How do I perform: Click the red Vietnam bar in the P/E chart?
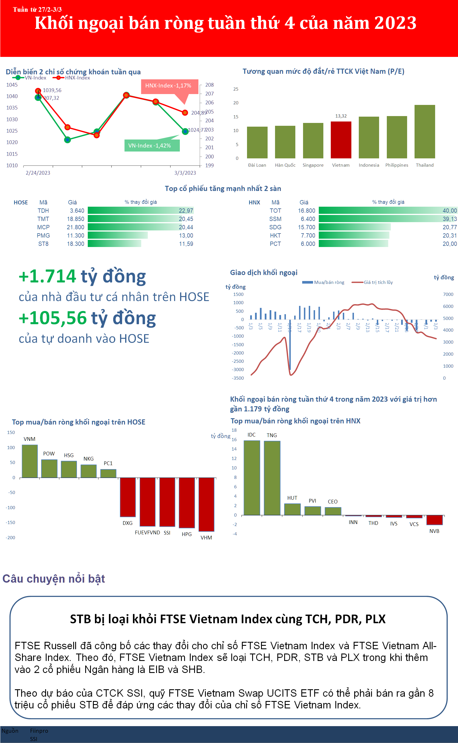(341, 140)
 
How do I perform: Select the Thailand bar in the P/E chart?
(425, 132)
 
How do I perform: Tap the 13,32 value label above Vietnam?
(341, 116)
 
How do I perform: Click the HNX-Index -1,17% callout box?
(168, 86)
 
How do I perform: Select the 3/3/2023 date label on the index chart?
(185, 173)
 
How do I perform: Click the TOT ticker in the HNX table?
(275, 211)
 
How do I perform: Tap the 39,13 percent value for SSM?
(449, 219)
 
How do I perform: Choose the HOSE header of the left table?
(21, 203)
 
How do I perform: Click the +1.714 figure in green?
(47, 276)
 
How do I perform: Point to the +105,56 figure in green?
(53, 318)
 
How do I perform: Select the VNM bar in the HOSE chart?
(30, 461)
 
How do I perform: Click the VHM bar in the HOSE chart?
(206, 504)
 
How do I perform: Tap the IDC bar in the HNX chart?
(252, 478)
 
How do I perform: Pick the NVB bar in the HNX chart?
(434, 520)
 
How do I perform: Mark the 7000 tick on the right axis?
(448, 294)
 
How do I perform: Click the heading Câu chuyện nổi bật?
(54, 579)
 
